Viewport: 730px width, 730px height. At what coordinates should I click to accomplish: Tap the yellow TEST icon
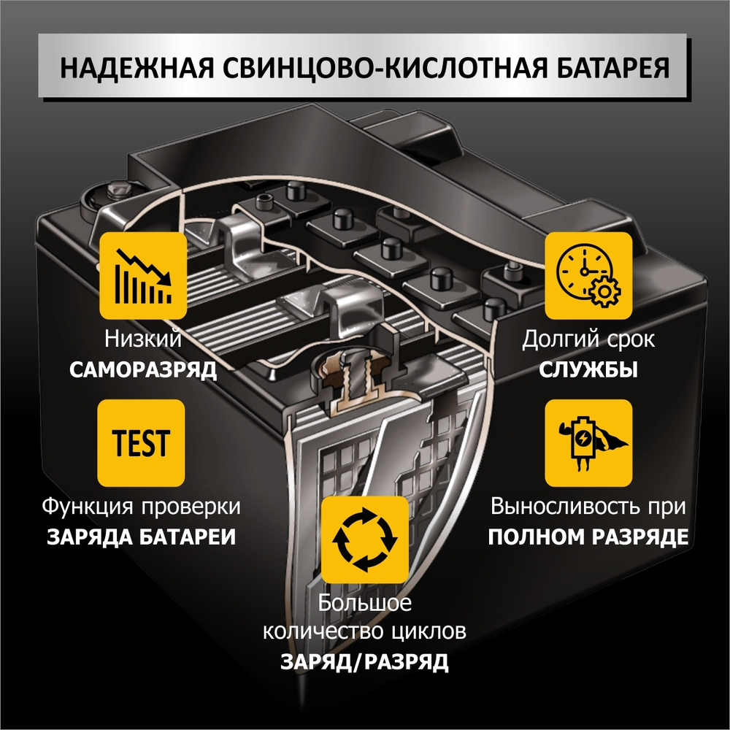click(141, 443)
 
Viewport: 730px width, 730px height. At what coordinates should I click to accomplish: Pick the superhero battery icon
click(588, 443)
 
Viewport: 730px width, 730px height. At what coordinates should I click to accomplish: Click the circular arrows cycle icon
click(365, 540)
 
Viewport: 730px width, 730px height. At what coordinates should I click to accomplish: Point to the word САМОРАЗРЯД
click(143, 369)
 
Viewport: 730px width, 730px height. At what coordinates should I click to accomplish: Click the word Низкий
click(143, 339)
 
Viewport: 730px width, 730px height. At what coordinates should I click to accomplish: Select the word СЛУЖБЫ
click(588, 369)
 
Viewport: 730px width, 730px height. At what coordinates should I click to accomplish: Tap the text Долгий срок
click(588, 339)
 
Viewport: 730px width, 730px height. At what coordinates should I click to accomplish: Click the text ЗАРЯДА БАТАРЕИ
click(142, 537)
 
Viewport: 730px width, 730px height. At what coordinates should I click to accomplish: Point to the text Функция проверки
click(142, 506)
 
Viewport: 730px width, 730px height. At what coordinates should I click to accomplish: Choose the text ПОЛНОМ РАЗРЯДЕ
click(588, 537)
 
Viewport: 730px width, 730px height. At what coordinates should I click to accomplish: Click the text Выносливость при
click(588, 506)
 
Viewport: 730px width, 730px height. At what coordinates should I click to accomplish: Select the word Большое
click(365, 603)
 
